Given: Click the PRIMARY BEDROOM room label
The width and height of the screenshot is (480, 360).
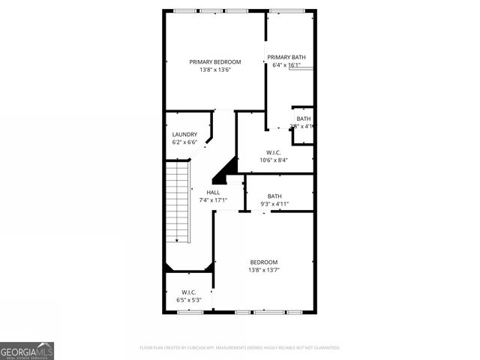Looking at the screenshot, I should [214, 61].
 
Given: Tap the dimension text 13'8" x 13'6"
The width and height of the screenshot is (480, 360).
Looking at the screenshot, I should [214, 70].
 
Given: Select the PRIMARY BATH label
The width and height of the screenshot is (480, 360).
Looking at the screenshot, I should [286, 57].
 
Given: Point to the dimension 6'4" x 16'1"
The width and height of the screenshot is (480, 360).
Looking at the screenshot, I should [286, 65].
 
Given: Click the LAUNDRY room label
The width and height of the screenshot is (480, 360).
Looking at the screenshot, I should [184, 134].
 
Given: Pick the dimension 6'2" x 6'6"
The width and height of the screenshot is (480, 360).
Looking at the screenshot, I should [184, 142].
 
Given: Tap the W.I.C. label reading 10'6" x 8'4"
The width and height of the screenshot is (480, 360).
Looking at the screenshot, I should [274, 151].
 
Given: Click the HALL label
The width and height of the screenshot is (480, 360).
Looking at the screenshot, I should [213, 193].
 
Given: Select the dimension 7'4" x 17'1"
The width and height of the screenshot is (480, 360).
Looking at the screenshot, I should [213, 201].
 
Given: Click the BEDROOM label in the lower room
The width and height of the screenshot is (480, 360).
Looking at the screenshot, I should [263, 262].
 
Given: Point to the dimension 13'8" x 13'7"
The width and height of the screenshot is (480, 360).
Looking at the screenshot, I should [263, 270].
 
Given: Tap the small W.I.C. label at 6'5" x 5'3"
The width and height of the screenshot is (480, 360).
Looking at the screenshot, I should [188, 292].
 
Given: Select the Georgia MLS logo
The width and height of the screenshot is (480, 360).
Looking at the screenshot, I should [27, 351].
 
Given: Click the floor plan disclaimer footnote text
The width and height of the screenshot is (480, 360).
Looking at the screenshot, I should [240, 348].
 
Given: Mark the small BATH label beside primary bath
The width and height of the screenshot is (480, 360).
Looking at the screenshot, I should [303, 118].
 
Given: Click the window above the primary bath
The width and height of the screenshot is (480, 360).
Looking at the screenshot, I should [289, 10].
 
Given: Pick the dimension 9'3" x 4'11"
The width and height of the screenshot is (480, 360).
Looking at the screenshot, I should [274, 204].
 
